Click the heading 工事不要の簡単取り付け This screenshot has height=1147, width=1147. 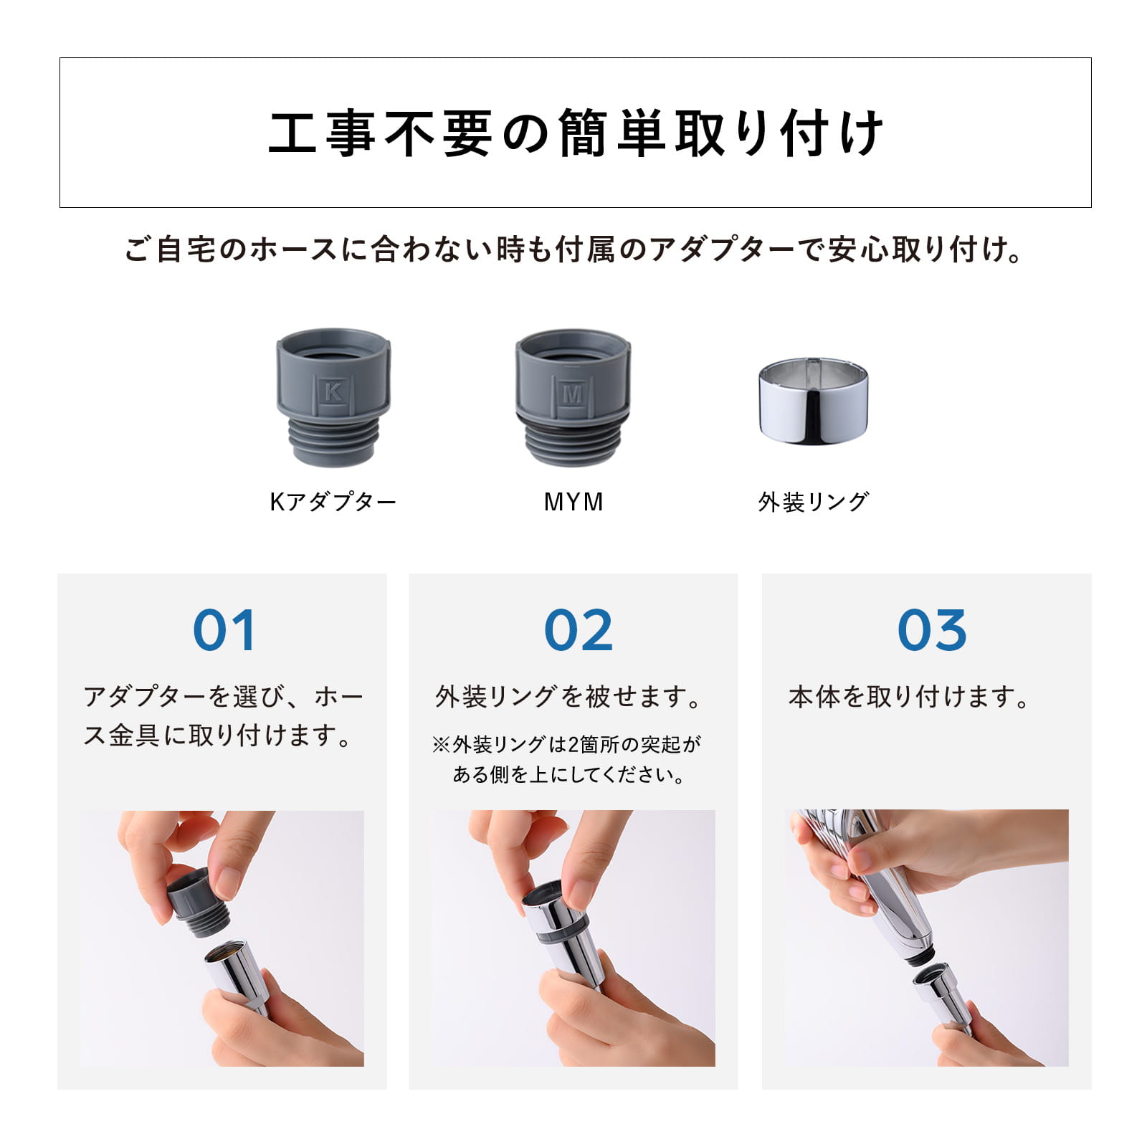coord(576,133)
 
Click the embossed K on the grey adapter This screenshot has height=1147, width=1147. coord(333,392)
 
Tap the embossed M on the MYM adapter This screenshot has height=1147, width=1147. coord(572,393)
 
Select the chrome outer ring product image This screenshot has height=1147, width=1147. coord(813,401)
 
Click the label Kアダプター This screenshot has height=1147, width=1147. coord(333,502)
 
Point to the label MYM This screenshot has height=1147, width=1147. coord(573,502)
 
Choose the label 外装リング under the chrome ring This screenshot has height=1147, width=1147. coord(813,502)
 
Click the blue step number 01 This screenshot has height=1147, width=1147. coord(224,631)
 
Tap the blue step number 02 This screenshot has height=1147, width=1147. coord(578,631)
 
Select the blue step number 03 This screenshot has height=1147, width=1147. coord(931,631)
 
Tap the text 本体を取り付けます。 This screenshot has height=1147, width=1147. coord(909,697)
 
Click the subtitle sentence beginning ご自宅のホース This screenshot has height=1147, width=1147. coord(573,249)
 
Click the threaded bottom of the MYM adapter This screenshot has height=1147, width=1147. coord(571,441)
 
